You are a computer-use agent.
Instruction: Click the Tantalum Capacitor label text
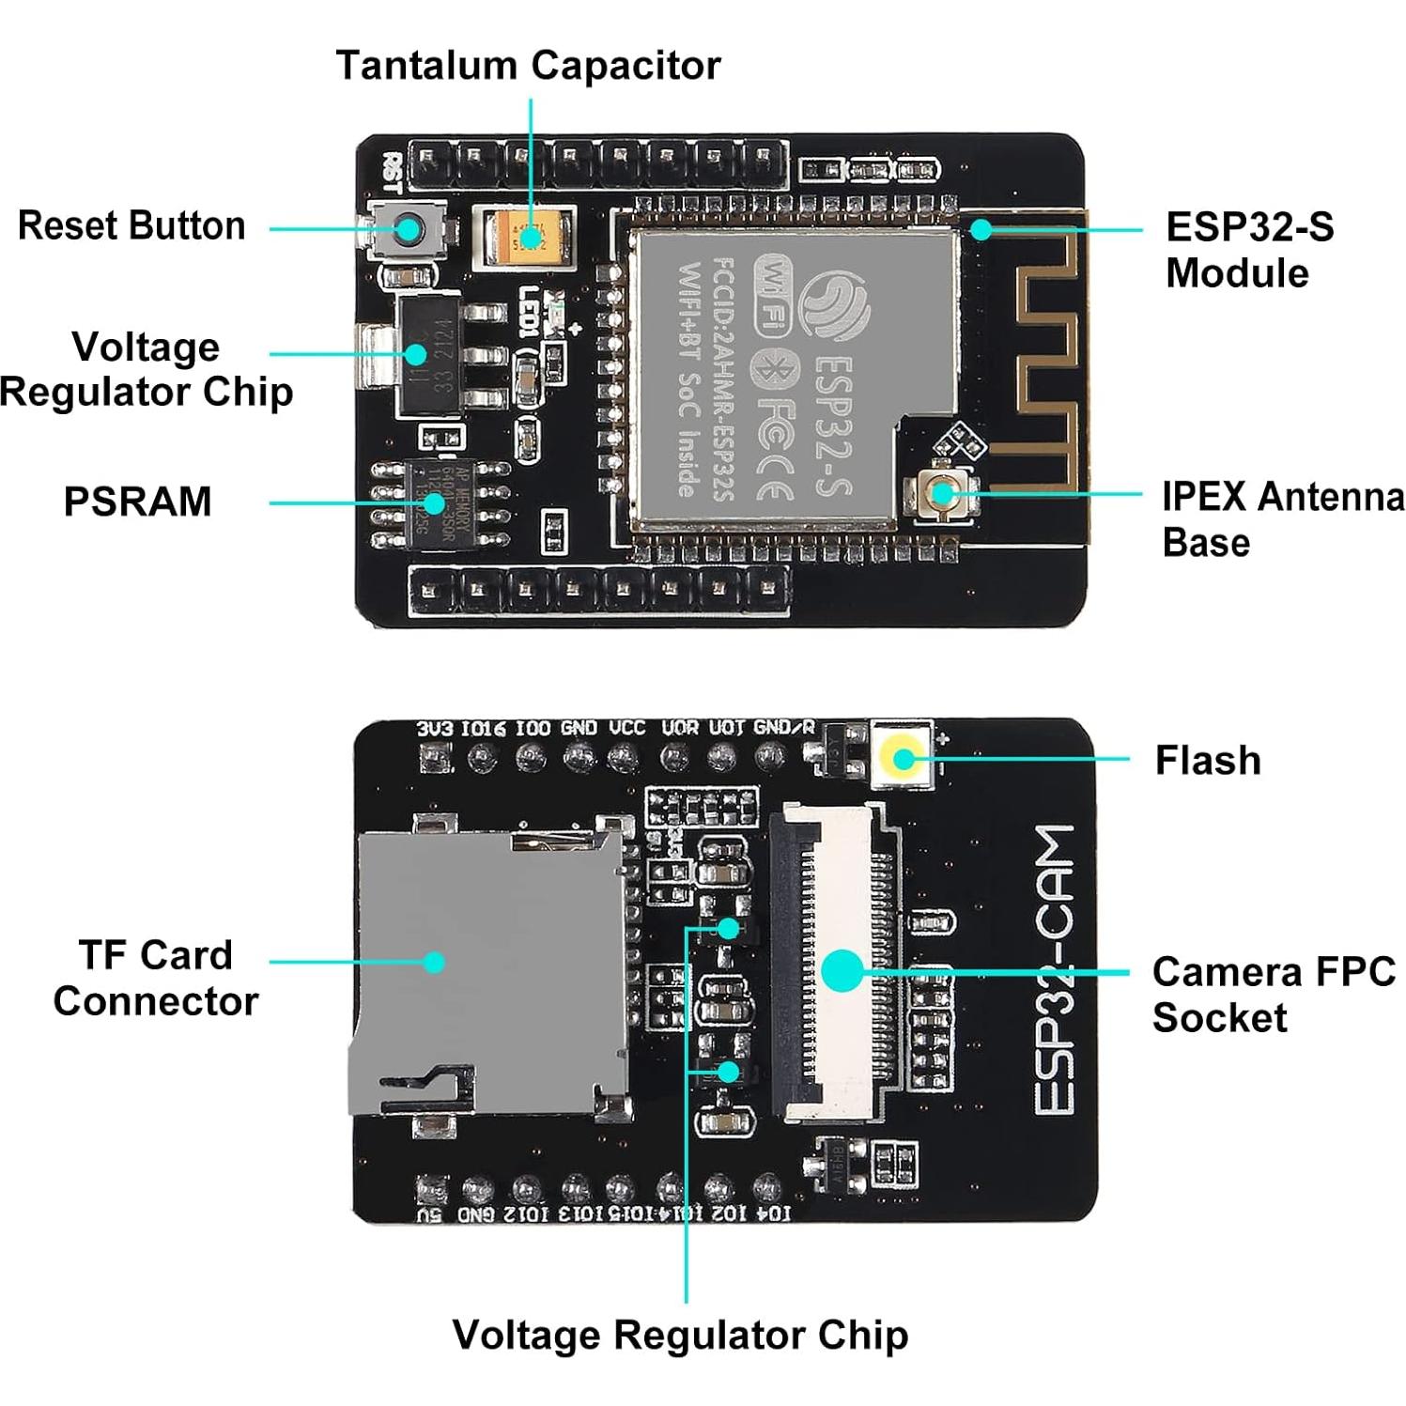[528, 66]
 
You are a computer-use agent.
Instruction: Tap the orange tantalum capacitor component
[527, 236]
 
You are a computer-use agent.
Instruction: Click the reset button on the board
[408, 229]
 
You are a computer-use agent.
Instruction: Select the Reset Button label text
[131, 226]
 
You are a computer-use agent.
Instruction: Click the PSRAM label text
[137, 502]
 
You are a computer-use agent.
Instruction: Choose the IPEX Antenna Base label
[1281, 518]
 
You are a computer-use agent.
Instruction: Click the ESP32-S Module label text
[1248, 250]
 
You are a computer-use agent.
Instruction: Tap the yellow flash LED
[903, 758]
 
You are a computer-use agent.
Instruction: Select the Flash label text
[1207, 761]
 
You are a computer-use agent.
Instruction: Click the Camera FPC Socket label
[1273, 995]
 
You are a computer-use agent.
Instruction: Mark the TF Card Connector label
[156, 978]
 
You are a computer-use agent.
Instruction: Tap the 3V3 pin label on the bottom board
[434, 729]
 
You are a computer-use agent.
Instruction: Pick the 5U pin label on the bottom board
[429, 1214]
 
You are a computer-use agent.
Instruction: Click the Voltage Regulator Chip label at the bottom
[680, 1335]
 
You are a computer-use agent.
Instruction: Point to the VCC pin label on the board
[626, 729]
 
